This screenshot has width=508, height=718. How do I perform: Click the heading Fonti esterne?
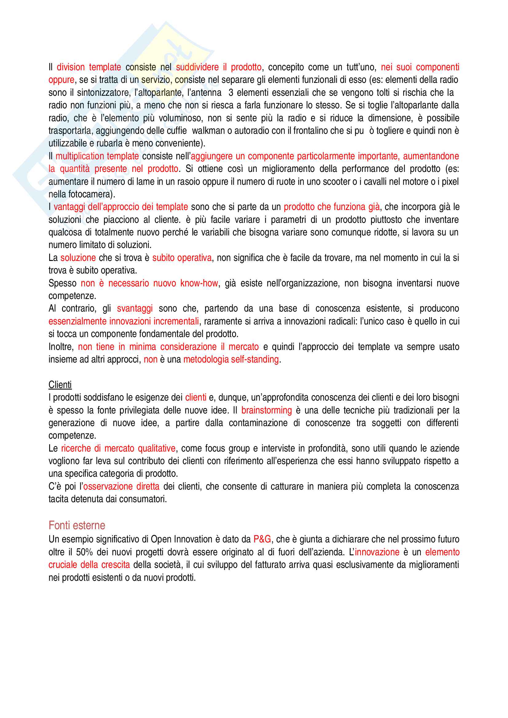tap(77, 525)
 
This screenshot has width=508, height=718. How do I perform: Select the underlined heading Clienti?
tap(60, 385)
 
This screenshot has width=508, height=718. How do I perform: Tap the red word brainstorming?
tap(266, 410)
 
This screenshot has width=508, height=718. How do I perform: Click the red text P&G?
tap(262, 539)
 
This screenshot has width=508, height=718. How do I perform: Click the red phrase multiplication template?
tap(97, 156)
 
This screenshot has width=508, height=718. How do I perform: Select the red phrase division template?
tap(89, 67)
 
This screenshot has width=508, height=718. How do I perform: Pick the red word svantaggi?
tap(135, 308)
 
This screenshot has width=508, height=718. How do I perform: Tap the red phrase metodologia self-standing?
tap(231, 359)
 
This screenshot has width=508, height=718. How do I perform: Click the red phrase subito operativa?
tap(182, 258)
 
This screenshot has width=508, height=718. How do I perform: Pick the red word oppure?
tap(61, 80)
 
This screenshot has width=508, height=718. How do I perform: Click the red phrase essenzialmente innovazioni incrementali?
tap(124, 321)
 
